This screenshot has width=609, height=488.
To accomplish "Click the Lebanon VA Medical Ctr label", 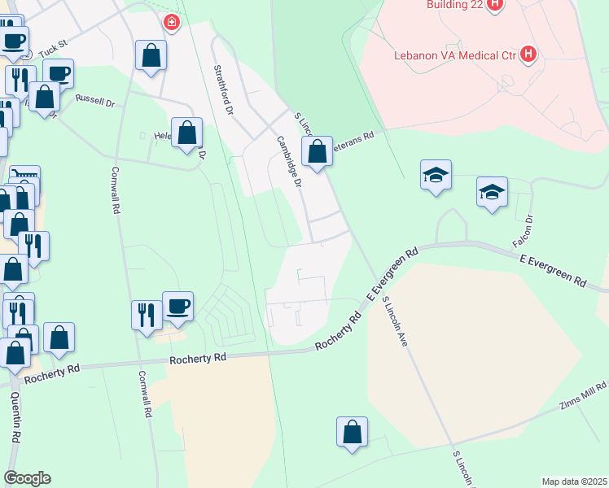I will point(455,55).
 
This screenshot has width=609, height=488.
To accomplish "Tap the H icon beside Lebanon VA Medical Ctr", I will point(529,54).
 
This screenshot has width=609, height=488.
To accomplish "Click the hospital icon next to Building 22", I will point(495,4).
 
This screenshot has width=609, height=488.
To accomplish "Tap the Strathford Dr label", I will point(223,89).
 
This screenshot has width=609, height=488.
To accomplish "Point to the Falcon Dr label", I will point(523,231).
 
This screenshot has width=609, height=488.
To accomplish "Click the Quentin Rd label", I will point(15,415).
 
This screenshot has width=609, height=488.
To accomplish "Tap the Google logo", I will point(27,478).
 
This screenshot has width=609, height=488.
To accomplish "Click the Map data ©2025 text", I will point(574,481).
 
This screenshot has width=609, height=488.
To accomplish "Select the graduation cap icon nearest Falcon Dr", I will point(492,193).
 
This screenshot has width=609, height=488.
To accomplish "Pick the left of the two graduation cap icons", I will point(436,174).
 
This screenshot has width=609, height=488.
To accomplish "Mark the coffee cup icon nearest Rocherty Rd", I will point(177,306).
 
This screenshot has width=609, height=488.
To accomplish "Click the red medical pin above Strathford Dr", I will point(171,22).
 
